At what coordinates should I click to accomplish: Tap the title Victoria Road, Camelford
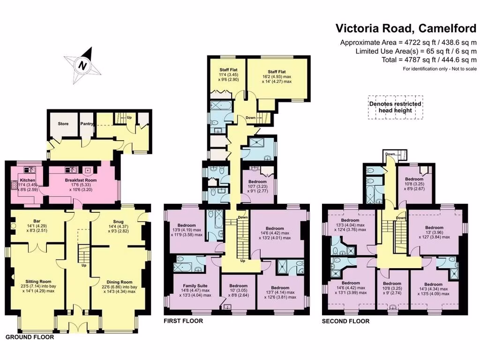[406, 28]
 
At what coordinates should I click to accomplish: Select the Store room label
[63, 124]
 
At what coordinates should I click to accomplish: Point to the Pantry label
[87, 124]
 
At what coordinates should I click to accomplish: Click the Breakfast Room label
[81, 180]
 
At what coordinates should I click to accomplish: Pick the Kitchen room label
[28, 180]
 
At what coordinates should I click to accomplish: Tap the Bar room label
[37, 221]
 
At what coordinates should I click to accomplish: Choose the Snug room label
[118, 222]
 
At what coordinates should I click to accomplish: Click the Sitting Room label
[38, 281]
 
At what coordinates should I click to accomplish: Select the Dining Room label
[120, 282]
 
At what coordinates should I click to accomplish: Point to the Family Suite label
[195, 285]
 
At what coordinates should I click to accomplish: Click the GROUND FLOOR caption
[30, 337]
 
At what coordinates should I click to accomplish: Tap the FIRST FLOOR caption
[183, 321]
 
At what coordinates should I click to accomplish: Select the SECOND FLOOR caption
[345, 321]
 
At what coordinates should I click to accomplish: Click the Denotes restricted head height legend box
[395, 107]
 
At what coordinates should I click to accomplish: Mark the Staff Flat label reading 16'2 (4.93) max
[277, 76]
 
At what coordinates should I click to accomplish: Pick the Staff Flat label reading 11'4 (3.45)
[228, 75]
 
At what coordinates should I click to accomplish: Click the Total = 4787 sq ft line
[429, 60]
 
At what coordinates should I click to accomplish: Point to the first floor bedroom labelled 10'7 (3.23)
[257, 186]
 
